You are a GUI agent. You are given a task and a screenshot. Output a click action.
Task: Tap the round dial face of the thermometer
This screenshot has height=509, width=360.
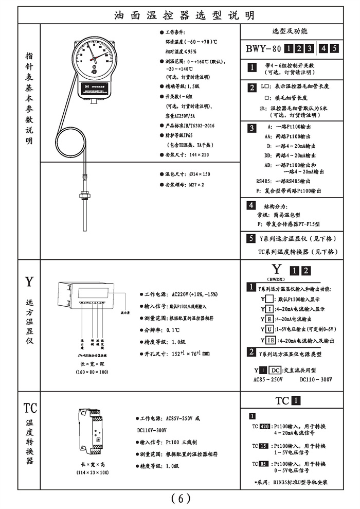click(96, 58)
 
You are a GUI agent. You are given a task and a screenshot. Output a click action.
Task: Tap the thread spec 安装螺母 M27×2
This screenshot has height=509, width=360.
click(185, 184)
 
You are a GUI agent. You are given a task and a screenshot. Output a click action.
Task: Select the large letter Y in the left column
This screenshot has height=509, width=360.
click(29, 282)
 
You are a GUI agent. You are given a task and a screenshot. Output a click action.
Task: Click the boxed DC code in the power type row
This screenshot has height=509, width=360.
click(276, 370)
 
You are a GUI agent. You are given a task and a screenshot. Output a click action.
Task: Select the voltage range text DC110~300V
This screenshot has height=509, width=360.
click(316, 379)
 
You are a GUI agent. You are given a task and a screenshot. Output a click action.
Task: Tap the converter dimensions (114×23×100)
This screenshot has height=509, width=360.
click(93, 472)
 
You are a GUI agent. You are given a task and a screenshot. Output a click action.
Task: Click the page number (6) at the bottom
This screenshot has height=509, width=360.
click(181, 498)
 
